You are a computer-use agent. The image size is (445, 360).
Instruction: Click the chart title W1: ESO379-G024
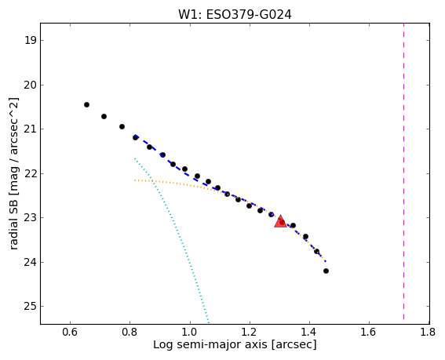point(235,14)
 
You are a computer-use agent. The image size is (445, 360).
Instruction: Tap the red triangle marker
point(280,221)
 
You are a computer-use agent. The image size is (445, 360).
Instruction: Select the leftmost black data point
point(86,104)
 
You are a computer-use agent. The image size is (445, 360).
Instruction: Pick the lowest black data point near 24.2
point(326,271)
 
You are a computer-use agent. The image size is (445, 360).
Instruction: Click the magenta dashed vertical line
point(403,173)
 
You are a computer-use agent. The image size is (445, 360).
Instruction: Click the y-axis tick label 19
point(31,40)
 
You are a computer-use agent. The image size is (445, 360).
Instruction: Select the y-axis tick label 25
point(31,307)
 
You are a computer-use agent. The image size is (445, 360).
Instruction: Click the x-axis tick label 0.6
point(70,332)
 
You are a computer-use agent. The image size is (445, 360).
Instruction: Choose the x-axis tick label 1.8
point(428,332)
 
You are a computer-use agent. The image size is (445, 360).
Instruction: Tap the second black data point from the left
point(104,116)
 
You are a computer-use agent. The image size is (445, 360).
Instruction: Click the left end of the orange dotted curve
point(135,180)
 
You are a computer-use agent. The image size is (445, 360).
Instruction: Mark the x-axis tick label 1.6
point(369,332)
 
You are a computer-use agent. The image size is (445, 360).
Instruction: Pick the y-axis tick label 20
point(31,85)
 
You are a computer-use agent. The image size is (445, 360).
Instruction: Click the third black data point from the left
point(122,126)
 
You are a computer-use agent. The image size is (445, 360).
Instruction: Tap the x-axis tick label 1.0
point(190,332)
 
